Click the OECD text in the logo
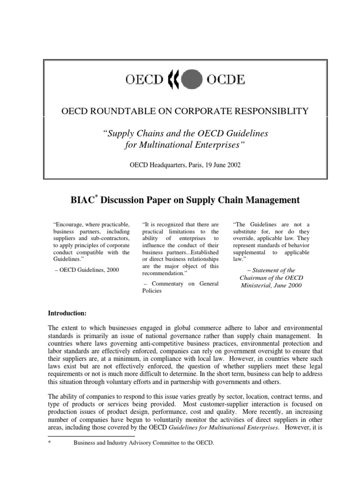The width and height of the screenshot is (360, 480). pyautogui.click(x=143, y=79)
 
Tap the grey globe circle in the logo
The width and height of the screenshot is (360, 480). pyautogui.click(x=192, y=79)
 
